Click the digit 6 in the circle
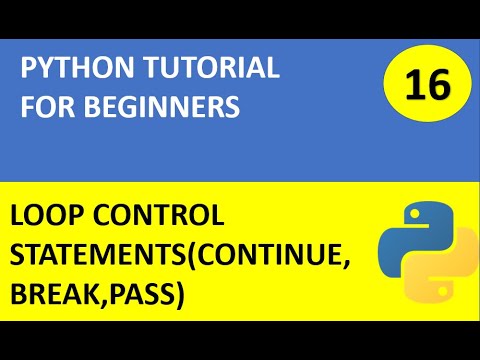pos(440,87)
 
